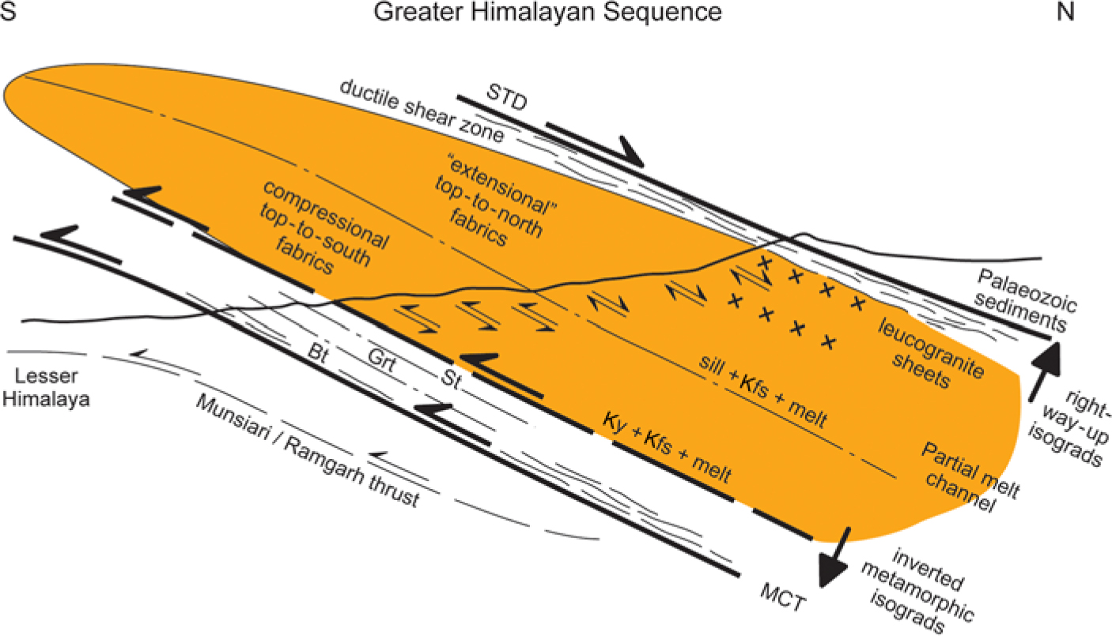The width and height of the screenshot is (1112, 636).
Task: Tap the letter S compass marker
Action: coord(10,12)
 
